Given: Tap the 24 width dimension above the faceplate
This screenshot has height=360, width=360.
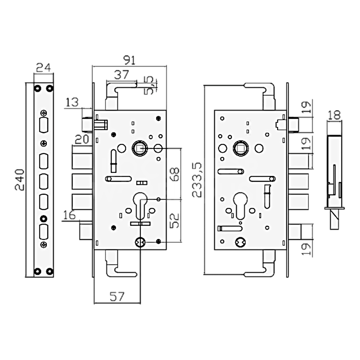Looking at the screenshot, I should point(44,67).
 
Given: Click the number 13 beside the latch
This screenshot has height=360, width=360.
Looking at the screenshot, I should point(72,102).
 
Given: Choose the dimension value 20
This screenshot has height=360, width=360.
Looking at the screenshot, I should point(82,139).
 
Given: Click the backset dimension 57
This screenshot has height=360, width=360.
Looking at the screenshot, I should point(117,297).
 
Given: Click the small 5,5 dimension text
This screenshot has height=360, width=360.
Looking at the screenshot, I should point(149,86).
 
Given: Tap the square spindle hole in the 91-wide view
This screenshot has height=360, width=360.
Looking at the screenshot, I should point(139,148).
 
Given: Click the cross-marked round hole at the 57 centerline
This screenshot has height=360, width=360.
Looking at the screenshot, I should point(140,243).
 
